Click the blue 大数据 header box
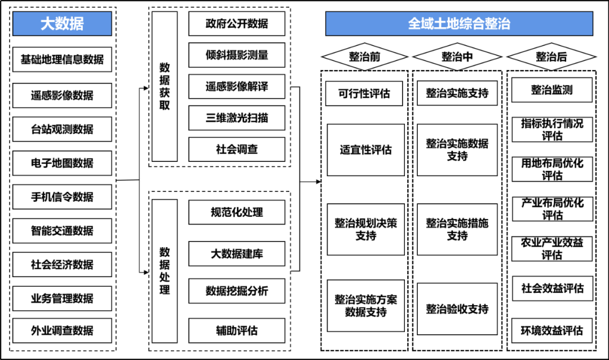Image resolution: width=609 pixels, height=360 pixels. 62,24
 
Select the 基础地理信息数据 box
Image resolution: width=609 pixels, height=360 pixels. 62,59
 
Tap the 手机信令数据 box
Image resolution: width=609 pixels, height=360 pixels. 62,197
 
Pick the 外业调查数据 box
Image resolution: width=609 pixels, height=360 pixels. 62,331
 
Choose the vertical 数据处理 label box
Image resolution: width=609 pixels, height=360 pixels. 164,271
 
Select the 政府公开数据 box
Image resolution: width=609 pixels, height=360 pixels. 237,24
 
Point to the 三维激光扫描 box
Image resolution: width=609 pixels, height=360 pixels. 237,118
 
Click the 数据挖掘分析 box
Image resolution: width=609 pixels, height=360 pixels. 237,291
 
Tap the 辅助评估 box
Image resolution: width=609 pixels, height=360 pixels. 237,331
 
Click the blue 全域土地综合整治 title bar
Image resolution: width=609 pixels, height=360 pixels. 459,24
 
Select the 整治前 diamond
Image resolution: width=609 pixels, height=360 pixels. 364,57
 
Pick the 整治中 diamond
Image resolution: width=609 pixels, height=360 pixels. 457,57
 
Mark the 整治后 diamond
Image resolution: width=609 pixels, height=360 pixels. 551,57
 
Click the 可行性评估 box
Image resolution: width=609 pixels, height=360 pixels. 364,94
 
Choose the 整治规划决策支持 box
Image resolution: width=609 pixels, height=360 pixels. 366,229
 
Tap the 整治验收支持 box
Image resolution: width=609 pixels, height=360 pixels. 457,309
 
